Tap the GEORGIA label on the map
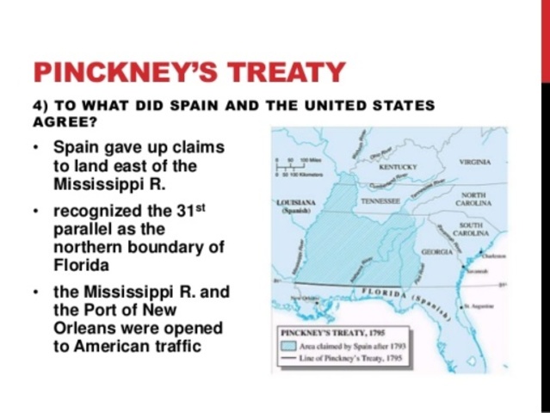pyautogui.click(x=437, y=251)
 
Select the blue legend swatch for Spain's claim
pyautogui.click(x=290, y=344)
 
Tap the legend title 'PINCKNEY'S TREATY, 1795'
pyautogui.click(x=330, y=331)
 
